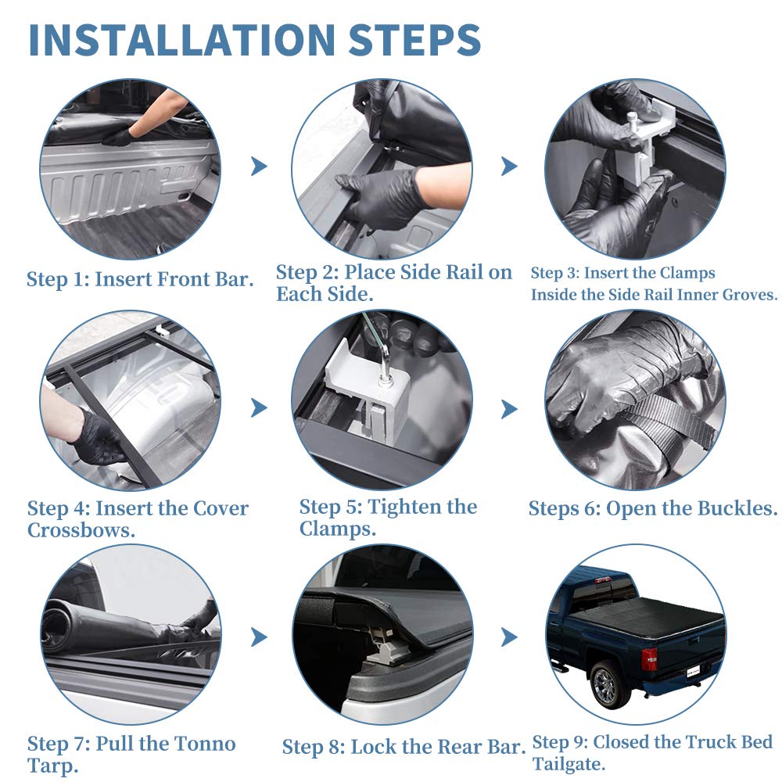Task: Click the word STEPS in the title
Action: pyautogui.click(x=414, y=39)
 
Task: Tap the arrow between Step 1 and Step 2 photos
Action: pyautogui.click(x=259, y=166)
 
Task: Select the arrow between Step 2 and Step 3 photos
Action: pyautogui.click(x=509, y=166)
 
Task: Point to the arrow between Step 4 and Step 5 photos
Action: pyautogui.click(x=259, y=407)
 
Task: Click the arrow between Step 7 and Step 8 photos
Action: pyautogui.click(x=259, y=637)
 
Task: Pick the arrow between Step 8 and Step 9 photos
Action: pyautogui.click(x=509, y=637)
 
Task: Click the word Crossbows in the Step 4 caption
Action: pyautogui.click(x=80, y=530)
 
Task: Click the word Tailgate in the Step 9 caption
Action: pyautogui.click(x=568, y=763)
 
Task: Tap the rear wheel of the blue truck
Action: pyautogui.click(x=608, y=683)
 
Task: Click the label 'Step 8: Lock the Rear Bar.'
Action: pyautogui.click(x=404, y=747)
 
